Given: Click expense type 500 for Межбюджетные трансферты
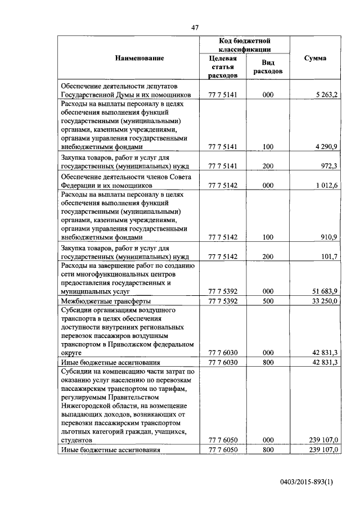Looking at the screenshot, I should tap(268, 302).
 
